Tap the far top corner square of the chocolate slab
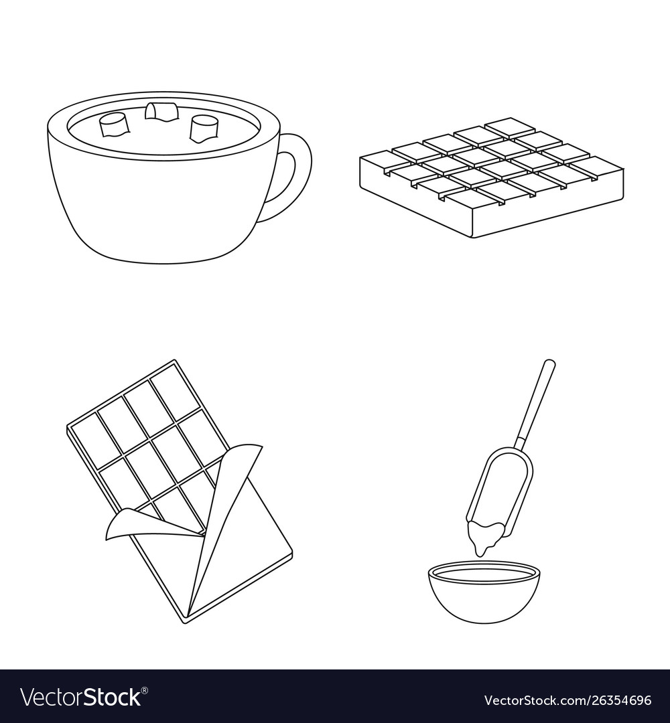(x=509, y=127)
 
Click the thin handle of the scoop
(x=536, y=400)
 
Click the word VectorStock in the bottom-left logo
(x=80, y=697)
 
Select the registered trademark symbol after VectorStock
(x=145, y=690)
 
